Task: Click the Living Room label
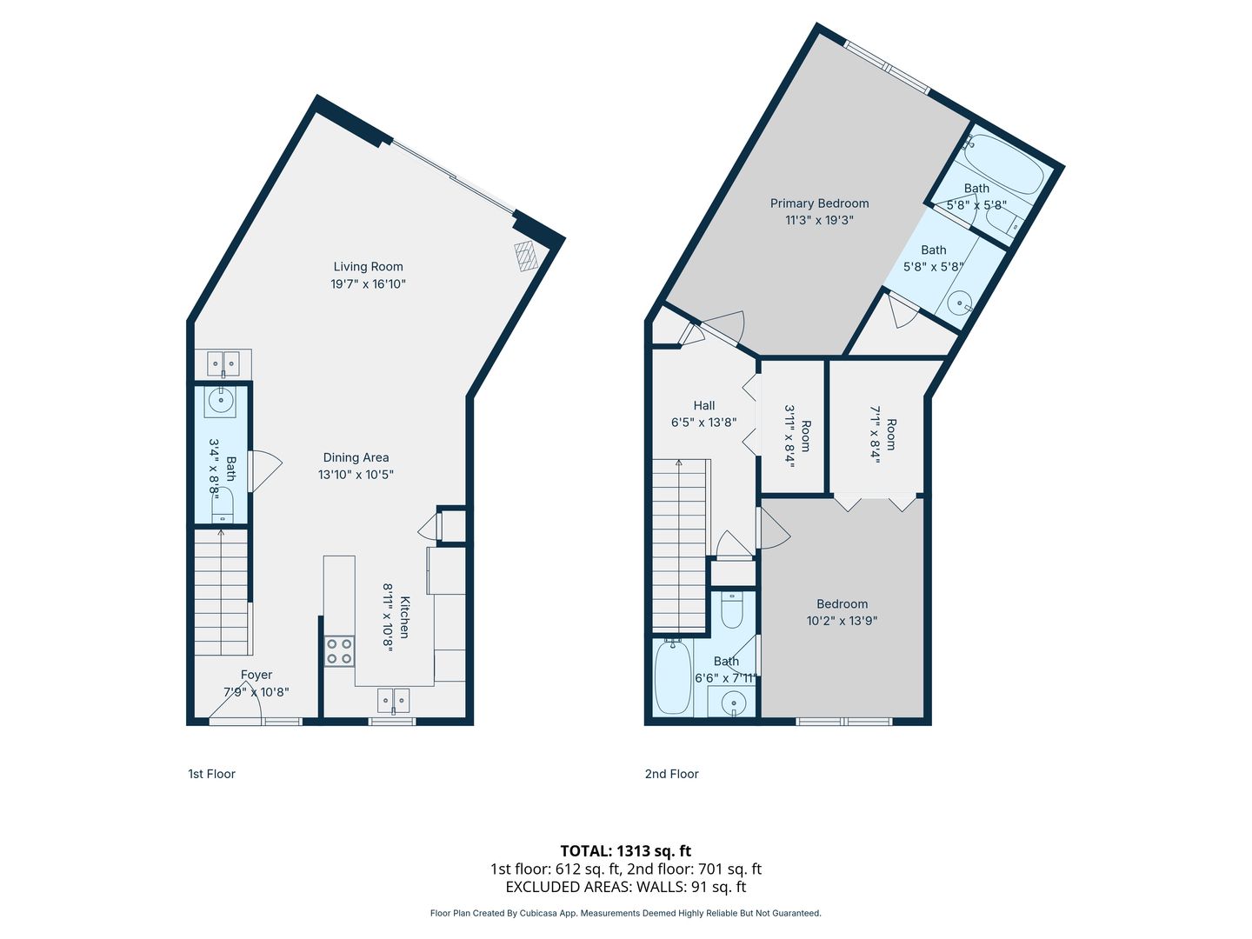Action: tap(368, 266)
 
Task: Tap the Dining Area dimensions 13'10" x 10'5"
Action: tap(356, 475)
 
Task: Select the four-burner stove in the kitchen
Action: tap(339, 651)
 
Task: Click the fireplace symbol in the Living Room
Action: tap(526, 256)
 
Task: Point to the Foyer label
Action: tap(256, 675)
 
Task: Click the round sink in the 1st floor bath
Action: tap(220, 400)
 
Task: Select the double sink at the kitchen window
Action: tap(394, 702)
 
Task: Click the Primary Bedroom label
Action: tap(820, 203)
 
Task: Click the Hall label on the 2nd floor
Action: tap(704, 405)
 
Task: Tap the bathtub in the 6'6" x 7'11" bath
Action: tap(674, 676)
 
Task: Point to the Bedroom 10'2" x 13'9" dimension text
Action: tap(842, 620)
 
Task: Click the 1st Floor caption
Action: tap(211, 774)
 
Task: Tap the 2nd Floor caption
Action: tap(671, 774)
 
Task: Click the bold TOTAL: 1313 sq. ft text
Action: tap(626, 851)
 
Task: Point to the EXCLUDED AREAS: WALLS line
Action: tap(626, 887)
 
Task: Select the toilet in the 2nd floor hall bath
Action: tap(732, 610)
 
